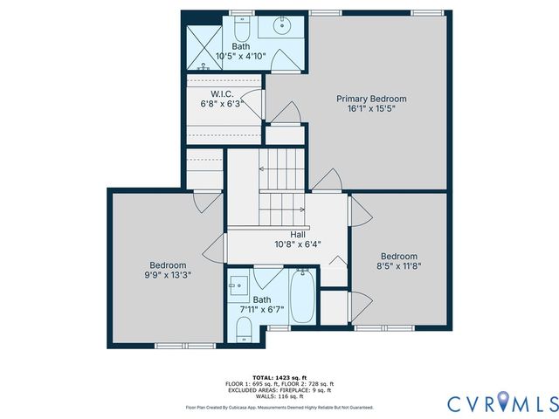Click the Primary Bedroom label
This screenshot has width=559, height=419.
(x=371, y=99)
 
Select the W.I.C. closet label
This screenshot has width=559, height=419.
(x=220, y=93)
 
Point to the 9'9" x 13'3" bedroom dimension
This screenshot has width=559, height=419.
(x=167, y=275)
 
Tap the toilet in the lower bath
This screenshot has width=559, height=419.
(x=245, y=329)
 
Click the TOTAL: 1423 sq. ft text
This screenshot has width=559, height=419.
(x=279, y=376)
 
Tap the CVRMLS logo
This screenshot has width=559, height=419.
(x=501, y=402)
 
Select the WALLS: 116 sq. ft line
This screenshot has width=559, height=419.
(x=279, y=397)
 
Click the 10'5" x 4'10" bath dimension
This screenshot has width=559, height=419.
(x=240, y=55)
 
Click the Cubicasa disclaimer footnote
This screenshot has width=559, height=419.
(x=279, y=408)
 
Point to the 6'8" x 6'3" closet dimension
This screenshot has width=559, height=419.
(x=220, y=104)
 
